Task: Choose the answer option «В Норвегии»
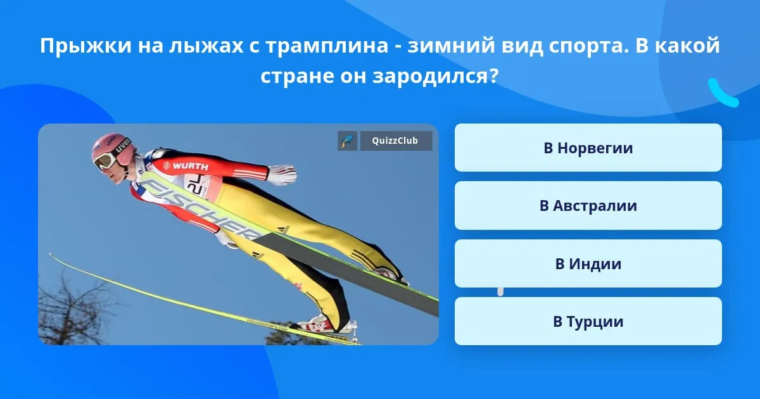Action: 588,148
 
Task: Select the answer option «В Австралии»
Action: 588,206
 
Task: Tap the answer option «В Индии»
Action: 588,263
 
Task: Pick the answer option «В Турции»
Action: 588,321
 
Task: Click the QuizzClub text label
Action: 395,141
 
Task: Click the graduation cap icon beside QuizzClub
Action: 348,141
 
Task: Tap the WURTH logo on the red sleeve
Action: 186,166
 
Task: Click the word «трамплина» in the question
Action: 327,46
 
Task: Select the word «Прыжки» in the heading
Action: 86,46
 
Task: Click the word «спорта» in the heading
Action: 587,46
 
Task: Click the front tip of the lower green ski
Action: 50,253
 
